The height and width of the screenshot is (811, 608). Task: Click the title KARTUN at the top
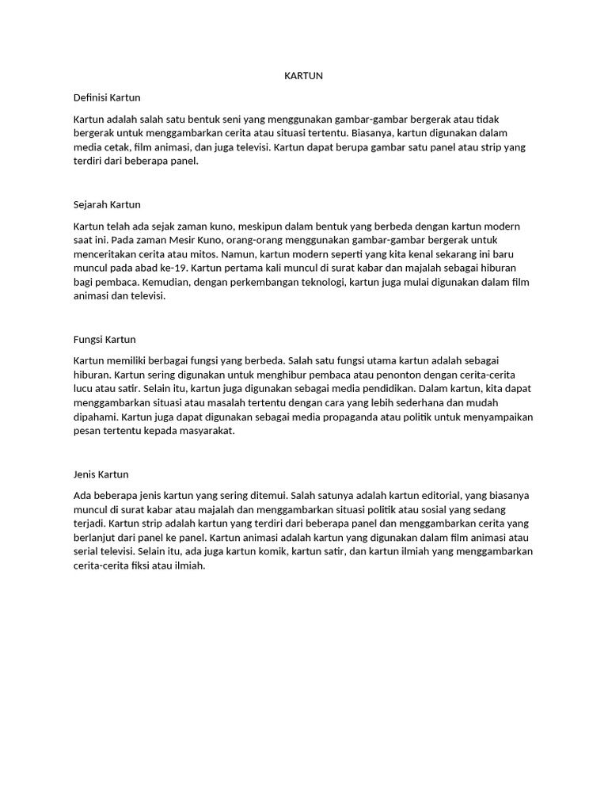tap(304, 76)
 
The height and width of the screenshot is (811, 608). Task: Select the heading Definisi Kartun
tap(106, 97)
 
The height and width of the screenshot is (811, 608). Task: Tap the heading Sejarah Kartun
tap(106, 204)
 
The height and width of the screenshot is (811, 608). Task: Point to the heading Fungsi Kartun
tap(104, 339)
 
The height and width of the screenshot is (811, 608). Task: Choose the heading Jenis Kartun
tap(101, 474)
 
